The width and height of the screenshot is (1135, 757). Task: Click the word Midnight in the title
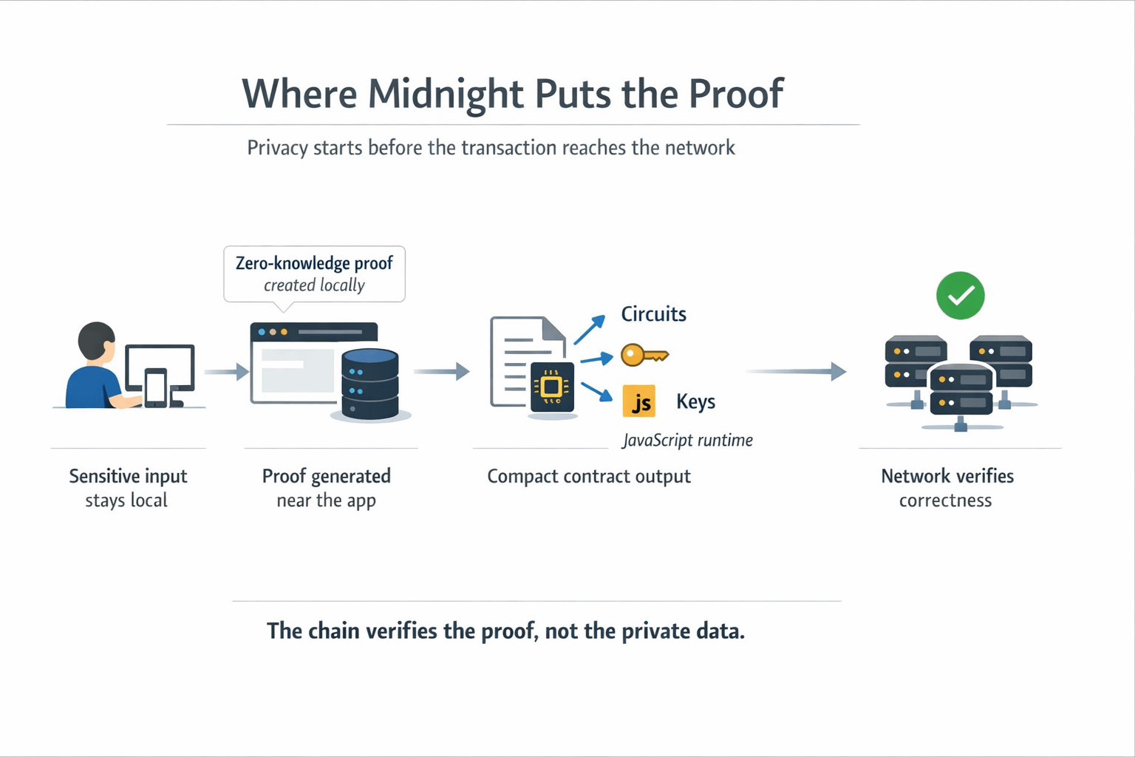(x=446, y=95)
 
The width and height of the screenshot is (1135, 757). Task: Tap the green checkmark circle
(x=960, y=296)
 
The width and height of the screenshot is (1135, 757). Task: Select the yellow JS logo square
(x=639, y=401)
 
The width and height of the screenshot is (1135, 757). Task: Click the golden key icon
(x=644, y=356)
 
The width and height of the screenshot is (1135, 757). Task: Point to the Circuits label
(x=653, y=314)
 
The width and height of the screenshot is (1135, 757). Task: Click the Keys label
(x=695, y=401)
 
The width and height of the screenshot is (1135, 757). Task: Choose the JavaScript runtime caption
(x=687, y=441)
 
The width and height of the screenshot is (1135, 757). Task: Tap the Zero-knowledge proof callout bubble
(x=314, y=274)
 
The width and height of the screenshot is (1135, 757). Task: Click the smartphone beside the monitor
(x=155, y=387)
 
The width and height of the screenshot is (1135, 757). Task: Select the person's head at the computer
(x=97, y=341)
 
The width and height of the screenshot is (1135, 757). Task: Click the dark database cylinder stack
(x=370, y=384)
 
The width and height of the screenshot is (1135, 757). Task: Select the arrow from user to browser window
(x=226, y=371)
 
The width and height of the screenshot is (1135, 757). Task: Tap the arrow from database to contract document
(x=441, y=371)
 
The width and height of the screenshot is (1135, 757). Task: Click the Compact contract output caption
(x=588, y=476)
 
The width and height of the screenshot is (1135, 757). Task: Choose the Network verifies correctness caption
(x=947, y=488)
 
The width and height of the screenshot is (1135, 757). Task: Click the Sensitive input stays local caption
(x=128, y=488)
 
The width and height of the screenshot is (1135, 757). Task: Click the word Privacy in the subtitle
(x=277, y=148)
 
